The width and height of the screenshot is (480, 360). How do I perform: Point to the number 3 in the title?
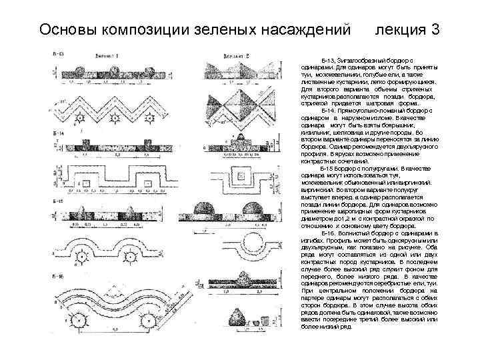[435, 30]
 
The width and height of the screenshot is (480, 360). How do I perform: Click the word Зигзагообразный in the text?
[359, 61]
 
